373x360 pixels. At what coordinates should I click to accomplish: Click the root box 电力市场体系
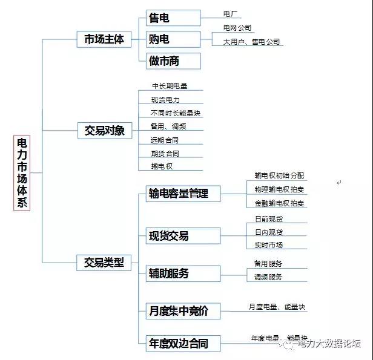coord(22,172)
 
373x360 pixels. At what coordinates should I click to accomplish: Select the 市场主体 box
coord(104,39)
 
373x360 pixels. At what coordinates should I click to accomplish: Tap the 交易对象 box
coord(104,130)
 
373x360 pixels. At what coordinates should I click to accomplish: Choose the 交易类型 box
coord(104,262)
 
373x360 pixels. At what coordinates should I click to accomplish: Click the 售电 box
coord(173,18)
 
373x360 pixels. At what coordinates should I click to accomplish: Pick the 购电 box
coord(173,39)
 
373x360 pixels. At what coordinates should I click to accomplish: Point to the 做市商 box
coord(173,61)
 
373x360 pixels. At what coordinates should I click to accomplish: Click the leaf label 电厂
coord(231,13)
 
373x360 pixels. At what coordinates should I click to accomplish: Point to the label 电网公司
coord(237,28)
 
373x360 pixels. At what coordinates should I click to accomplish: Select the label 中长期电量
coord(170,86)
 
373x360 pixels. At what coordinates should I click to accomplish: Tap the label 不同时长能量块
coord(176,113)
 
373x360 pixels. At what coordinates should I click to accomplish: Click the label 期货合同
coord(165,154)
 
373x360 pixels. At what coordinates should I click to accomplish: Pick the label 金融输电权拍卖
coord(279,203)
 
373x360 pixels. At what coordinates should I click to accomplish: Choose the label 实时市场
coord(269,245)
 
